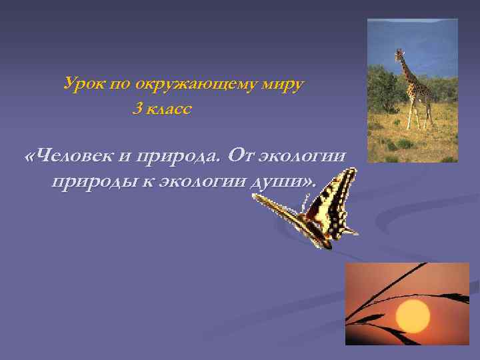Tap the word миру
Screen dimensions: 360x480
click(283, 85)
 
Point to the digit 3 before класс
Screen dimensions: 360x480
click(136, 109)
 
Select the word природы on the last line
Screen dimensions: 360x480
click(93, 182)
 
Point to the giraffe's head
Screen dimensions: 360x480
click(399, 55)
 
